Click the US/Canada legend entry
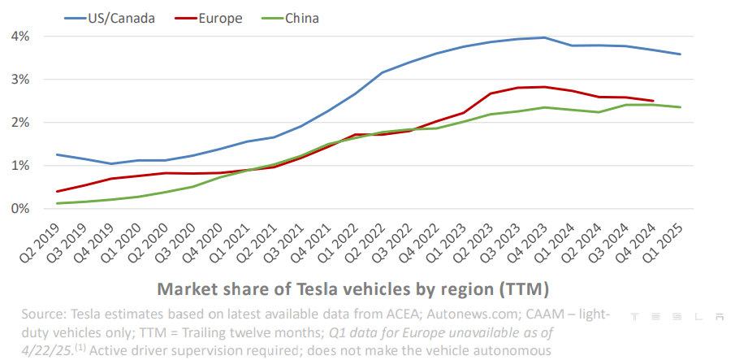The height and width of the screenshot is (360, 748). pyautogui.click(x=122, y=18)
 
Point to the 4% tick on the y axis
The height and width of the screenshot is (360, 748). pyautogui.click(x=20, y=37)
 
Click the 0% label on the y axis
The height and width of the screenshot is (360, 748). pyautogui.click(x=20, y=209)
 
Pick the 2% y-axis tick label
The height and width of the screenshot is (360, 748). pyautogui.click(x=20, y=123)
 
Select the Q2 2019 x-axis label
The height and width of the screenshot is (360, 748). pyautogui.click(x=44, y=245)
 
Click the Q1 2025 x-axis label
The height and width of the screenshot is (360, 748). pyautogui.click(x=666, y=245)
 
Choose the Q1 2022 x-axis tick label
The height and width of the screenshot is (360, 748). pyautogui.click(x=341, y=245)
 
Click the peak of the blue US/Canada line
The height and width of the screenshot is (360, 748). pyautogui.click(x=544, y=37)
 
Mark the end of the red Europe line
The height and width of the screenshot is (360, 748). pyautogui.click(x=653, y=101)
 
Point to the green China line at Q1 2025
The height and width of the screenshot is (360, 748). pyautogui.click(x=681, y=107)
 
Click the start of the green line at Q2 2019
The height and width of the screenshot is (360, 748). pyautogui.click(x=57, y=203)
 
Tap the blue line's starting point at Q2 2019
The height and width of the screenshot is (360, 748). pyautogui.click(x=57, y=154)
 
